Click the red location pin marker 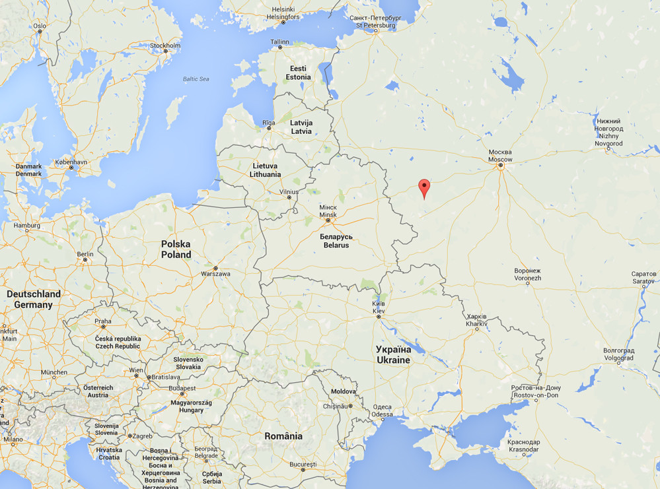point(424,187)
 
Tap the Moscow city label point(500,156)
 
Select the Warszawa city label point(215,273)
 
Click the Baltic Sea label point(196,79)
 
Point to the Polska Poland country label point(176,249)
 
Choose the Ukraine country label point(393,354)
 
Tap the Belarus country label point(336,240)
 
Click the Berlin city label point(85,253)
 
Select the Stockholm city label point(165,46)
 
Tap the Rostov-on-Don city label point(536,391)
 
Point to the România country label point(283,436)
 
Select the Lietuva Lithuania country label point(265,170)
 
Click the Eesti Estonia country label point(298,73)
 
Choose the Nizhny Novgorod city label point(608,132)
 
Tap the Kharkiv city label point(476,320)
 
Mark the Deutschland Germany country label point(33,299)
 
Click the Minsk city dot point(328,220)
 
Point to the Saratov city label point(643,277)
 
